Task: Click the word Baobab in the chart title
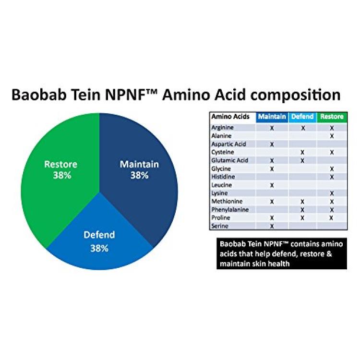[40, 95]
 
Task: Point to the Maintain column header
[272, 117]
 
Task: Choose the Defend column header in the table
[302, 117]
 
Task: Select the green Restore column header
[332, 117]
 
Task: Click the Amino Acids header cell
[230, 117]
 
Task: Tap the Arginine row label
[222, 128]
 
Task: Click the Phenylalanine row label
[230, 210]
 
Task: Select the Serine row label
[220, 226]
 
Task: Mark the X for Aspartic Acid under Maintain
[272, 144]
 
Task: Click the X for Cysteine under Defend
[302, 153]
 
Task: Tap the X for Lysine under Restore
[332, 193]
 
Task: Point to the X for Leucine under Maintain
[272, 185]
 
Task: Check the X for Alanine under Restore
[332, 136]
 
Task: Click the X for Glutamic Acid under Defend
[302, 161]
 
